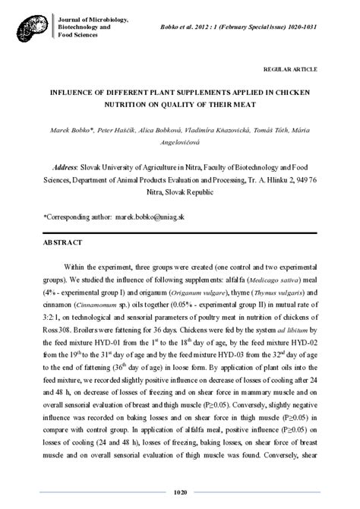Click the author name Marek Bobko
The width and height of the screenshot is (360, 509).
click(x=68, y=131)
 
